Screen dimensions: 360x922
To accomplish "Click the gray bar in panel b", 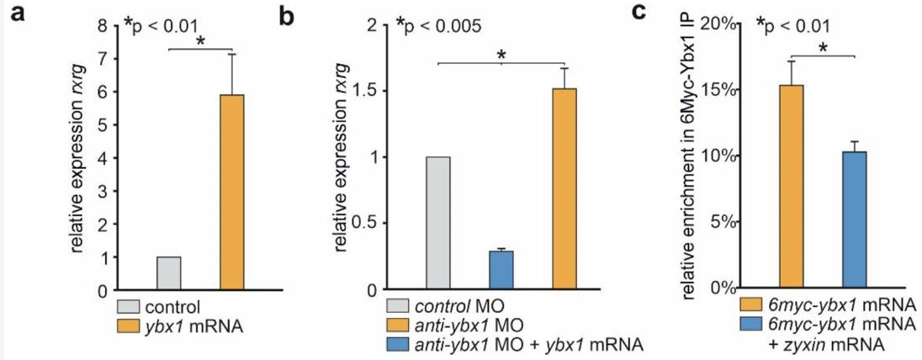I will coord(437,223).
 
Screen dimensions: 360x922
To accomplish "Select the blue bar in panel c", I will coord(855,220).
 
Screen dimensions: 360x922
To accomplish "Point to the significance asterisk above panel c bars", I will coord(824,49).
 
